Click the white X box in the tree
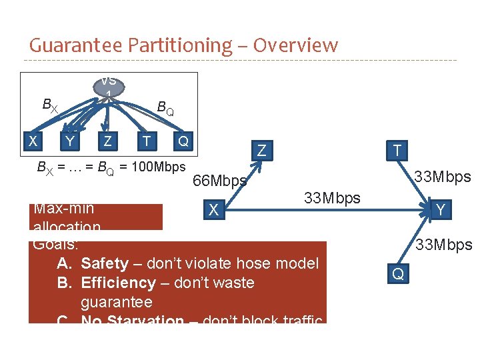point(31,141)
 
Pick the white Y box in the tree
point(69,141)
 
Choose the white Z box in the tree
point(107,141)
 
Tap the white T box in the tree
point(145,141)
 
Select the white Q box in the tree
point(183,141)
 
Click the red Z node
point(262,152)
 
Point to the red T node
point(397,151)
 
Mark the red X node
point(213,210)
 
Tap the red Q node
point(397,273)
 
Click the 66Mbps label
point(219,181)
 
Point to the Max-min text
point(63,209)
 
